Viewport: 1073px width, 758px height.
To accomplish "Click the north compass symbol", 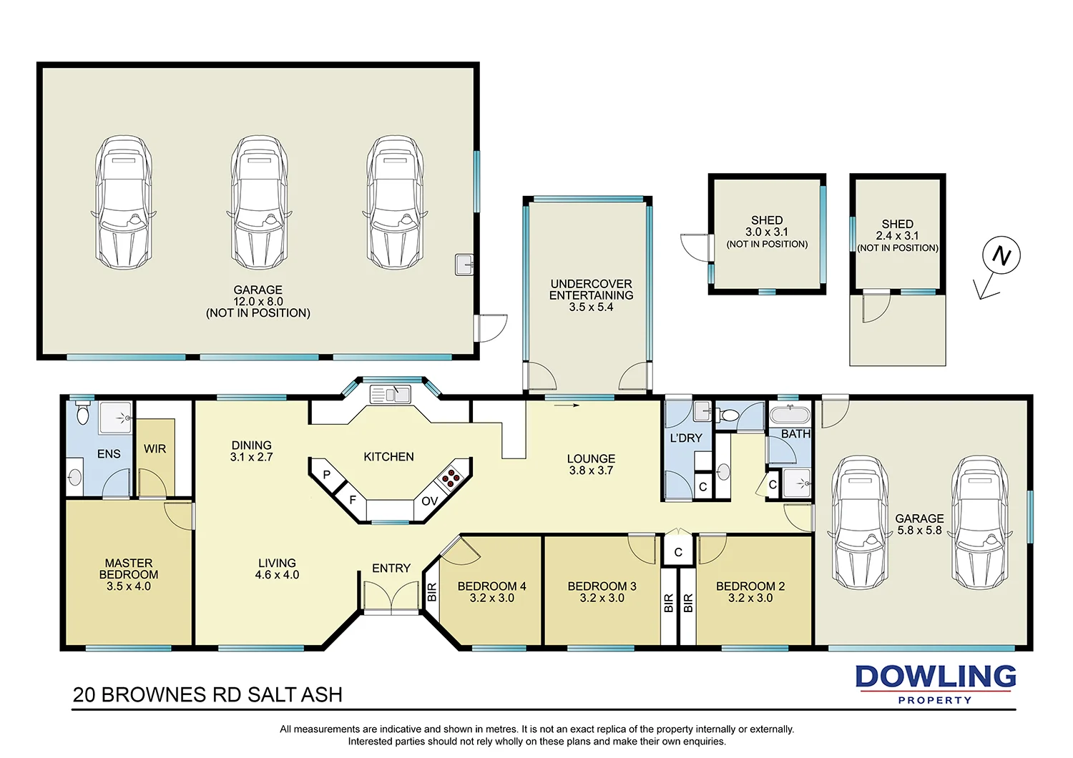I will (x=1000, y=256).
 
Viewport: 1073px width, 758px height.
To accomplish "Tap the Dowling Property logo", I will (x=936, y=684).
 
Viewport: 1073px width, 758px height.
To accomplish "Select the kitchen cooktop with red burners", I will (x=451, y=477).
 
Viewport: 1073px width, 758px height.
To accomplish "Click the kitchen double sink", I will (x=390, y=394).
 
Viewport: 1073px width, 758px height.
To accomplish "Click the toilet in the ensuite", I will (x=82, y=413).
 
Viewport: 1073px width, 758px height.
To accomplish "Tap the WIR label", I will (x=155, y=449).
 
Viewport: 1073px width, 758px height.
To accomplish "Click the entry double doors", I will (x=391, y=597).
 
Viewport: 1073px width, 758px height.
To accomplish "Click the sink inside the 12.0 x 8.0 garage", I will (x=464, y=265).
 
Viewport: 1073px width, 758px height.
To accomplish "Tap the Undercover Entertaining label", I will (x=591, y=290).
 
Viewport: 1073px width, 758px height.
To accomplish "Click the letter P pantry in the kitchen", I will (x=327, y=475).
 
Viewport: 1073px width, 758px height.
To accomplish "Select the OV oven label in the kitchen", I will (x=429, y=501).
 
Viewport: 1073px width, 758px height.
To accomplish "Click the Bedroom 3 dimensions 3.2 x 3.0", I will (x=602, y=599).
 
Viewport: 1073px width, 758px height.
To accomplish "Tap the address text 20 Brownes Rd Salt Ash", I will (x=207, y=695).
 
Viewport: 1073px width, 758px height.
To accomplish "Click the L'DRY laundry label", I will (x=686, y=438).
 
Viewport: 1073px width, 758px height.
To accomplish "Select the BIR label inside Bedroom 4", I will (x=431, y=592).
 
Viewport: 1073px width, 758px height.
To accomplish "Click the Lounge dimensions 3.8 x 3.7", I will (x=591, y=471).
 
